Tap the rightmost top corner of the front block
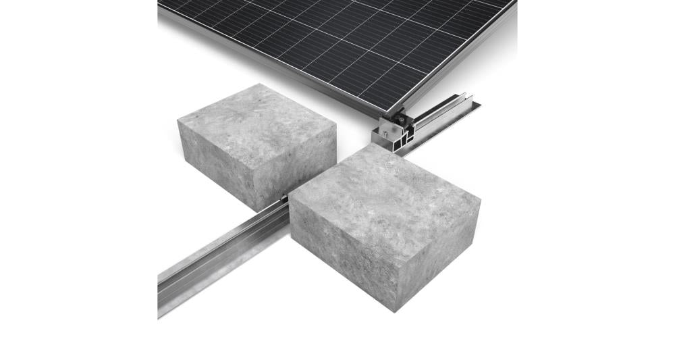click(x=480, y=200)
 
